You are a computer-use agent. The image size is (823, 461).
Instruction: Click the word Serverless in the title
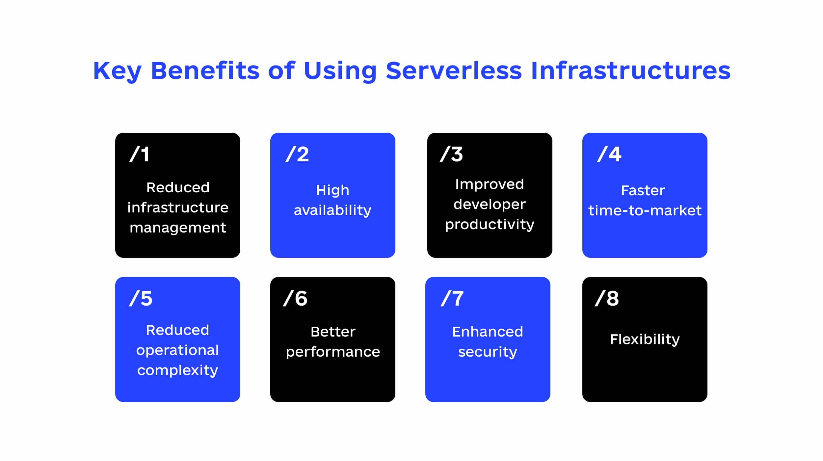tap(454, 70)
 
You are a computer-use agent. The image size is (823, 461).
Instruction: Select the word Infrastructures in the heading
tap(630, 70)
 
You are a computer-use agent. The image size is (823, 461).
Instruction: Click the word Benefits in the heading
tap(205, 70)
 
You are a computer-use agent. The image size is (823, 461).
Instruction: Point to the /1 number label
tap(139, 154)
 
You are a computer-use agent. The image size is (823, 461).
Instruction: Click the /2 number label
tap(297, 154)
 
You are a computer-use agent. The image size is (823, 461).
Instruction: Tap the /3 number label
tap(451, 154)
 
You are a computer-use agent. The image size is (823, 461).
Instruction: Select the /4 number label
tap(609, 154)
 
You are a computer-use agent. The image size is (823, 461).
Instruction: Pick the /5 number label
tap(141, 298)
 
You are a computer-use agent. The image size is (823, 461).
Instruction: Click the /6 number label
tap(295, 298)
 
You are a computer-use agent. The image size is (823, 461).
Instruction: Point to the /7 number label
tap(452, 298)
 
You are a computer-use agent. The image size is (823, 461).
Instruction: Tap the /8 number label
tap(607, 298)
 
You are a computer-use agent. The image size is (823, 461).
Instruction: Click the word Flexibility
tap(645, 339)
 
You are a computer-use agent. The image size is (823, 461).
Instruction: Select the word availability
tap(332, 210)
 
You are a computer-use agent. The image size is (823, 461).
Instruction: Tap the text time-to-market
tap(645, 210)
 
